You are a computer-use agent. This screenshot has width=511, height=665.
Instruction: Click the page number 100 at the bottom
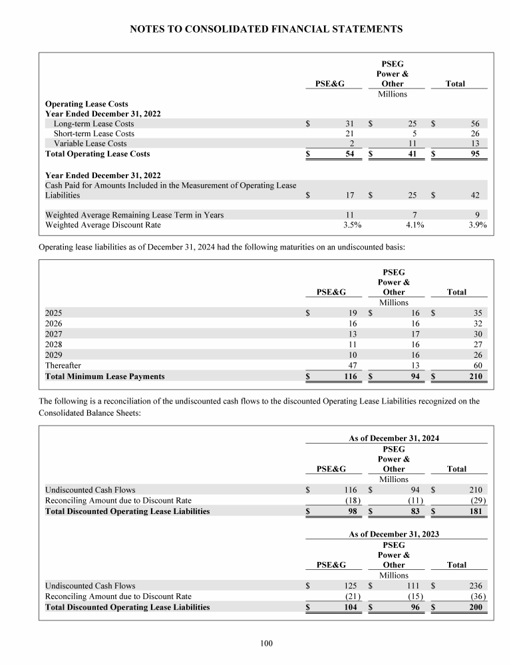tap(266, 642)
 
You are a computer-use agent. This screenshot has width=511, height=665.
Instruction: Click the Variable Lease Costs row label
tap(90, 144)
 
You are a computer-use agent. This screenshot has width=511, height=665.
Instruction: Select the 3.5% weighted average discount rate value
tap(352, 225)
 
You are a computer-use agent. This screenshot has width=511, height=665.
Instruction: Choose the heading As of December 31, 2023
tap(394, 534)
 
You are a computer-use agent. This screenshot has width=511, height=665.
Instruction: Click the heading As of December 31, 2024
tap(394, 438)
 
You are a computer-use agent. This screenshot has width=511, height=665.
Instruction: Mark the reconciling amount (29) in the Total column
tap(476, 501)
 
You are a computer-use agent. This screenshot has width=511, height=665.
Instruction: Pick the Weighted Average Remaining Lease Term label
tap(134, 215)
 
